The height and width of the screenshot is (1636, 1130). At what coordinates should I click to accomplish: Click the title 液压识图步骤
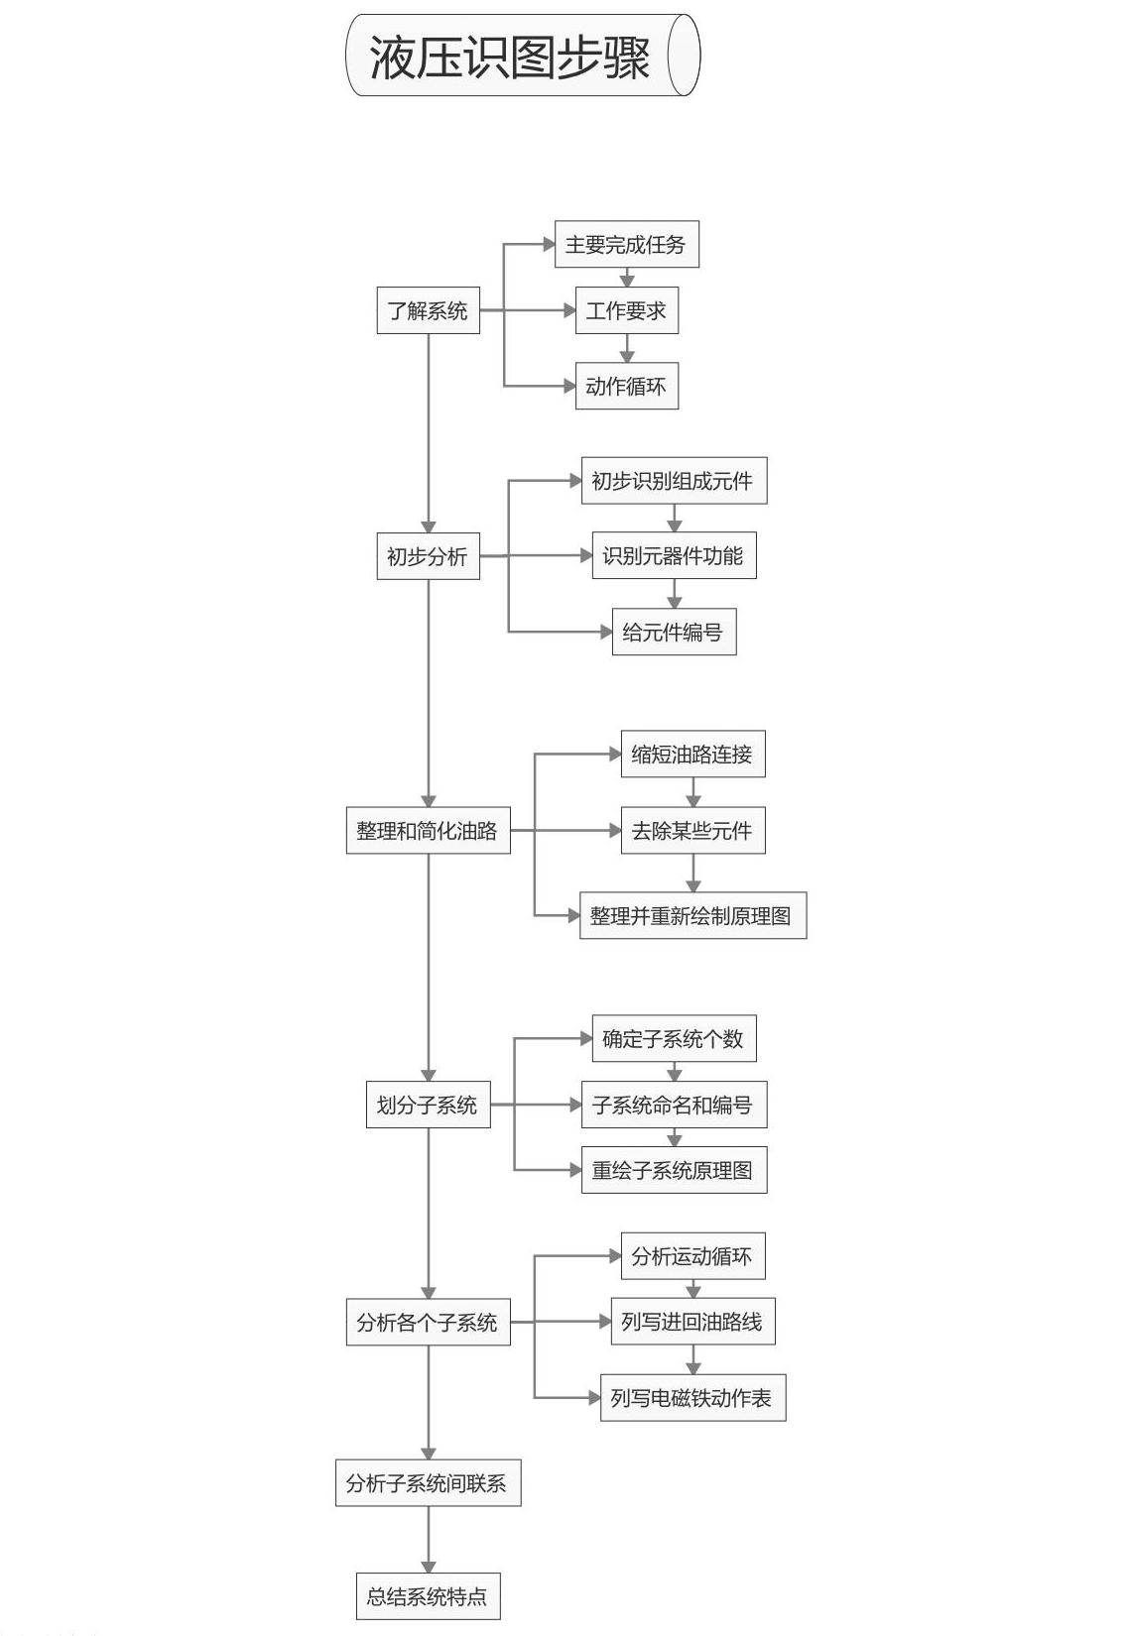click(x=509, y=57)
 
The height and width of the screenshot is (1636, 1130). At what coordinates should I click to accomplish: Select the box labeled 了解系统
click(x=429, y=310)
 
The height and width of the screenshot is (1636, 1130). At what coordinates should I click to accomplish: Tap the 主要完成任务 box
click(x=626, y=244)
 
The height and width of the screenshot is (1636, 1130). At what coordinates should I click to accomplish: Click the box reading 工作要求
click(x=626, y=310)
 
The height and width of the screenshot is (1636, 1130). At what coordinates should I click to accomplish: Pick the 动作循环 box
click(x=626, y=386)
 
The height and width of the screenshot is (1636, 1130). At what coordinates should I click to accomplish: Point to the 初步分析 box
click(x=429, y=556)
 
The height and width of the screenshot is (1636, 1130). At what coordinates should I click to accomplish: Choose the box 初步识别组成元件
click(x=674, y=481)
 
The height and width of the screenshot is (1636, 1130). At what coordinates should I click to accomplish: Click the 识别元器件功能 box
click(x=674, y=556)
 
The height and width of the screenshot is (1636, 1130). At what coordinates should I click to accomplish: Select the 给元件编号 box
click(x=674, y=632)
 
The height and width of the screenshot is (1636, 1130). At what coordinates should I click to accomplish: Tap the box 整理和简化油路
click(x=429, y=831)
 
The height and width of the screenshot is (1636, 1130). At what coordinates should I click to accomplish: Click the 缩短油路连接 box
click(x=692, y=754)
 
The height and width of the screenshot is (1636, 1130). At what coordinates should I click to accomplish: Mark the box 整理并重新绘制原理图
click(x=692, y=915)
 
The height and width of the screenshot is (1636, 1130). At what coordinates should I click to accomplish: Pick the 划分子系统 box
click(x=429, y=1105)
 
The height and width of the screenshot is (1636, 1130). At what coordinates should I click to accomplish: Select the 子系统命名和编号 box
click(x=674, y=1105)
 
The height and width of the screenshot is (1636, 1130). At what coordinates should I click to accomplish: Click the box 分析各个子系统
click(x=429, y=1322)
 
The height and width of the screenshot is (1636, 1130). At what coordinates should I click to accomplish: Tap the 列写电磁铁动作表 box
click(x=692, y=1398)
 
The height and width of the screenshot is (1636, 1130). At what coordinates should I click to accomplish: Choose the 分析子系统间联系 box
click(x=429, y=1482)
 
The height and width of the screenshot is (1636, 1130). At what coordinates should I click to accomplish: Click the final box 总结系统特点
click(x=429, y=1596)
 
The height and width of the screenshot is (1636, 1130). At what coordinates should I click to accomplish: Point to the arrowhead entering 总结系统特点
click(x=429, y=1567)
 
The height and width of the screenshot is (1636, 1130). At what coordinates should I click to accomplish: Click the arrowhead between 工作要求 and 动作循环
click(x=626, y=356)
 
